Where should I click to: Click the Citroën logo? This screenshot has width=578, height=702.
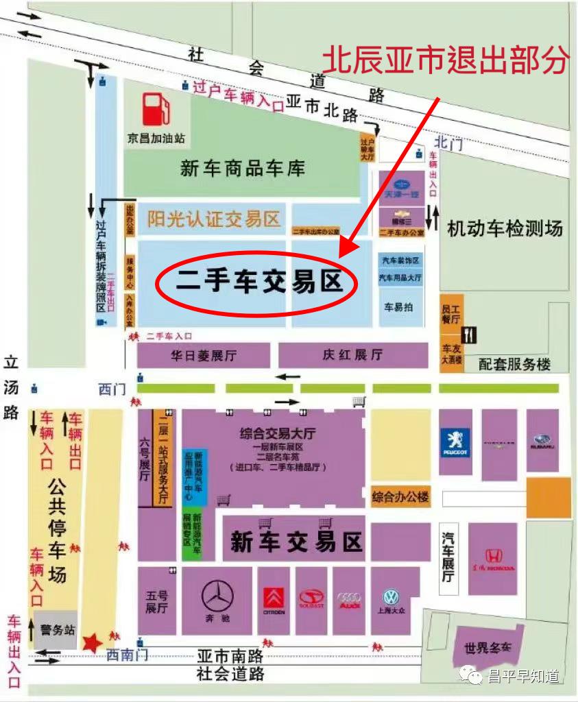point(274,597)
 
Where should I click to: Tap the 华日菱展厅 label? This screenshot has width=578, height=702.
point(204,356)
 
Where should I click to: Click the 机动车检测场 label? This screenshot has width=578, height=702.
point(505,228)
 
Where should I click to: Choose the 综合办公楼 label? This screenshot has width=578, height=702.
point(400,496)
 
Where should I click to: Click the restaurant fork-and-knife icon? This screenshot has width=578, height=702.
point(470,335)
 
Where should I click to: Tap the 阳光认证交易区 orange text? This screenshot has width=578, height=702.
point(214,219)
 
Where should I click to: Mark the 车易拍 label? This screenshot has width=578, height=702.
point(398,307)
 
